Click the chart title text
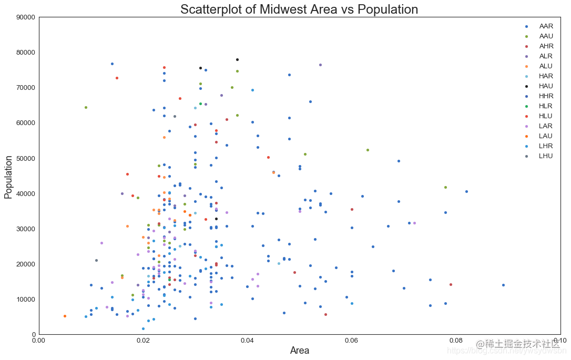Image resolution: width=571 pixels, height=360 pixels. (299, 9)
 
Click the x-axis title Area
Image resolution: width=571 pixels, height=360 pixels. (300, 351)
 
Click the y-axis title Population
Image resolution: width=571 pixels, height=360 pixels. (8, 176)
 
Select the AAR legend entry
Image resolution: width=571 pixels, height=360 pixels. (546, 26)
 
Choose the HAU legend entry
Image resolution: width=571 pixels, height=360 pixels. (546, 86)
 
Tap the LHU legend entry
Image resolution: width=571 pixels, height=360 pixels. (546, 156)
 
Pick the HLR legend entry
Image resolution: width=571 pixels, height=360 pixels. (546, 106)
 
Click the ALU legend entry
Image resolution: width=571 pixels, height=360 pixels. (546, 66)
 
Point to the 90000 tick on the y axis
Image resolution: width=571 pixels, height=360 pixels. (25, 17)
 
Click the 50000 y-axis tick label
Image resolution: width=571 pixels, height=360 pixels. (25, 158)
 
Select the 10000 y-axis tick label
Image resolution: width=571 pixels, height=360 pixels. (25, 300)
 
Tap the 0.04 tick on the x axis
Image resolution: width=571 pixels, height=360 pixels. (248, 341)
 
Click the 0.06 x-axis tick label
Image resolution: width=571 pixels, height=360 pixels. (352, 341)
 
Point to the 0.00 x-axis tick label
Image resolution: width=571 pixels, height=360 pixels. (39, 341)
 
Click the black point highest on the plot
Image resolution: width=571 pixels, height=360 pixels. (237, 60)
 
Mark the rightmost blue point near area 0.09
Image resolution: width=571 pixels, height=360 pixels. (503, 285)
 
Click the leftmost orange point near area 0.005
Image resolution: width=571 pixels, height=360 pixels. (65, 316)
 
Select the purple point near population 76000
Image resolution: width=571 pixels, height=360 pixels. (320, 65)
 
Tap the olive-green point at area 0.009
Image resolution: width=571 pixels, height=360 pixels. (86, 108)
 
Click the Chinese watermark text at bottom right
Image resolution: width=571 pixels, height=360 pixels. (518, 344)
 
